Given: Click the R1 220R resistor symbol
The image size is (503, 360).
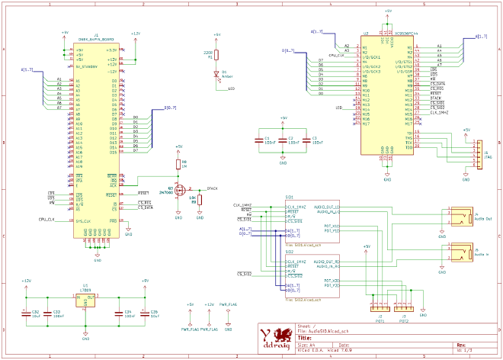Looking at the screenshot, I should pos(217,55).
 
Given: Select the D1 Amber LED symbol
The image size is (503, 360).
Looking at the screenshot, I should pos(217,74).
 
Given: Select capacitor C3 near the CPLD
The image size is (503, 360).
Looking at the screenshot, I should pos(306,140).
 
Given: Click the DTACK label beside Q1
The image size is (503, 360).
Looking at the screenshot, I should pos(213,188).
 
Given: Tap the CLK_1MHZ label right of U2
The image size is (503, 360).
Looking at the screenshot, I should pos(440,113).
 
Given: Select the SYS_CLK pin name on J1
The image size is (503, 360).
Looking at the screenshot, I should pos(83,221).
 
